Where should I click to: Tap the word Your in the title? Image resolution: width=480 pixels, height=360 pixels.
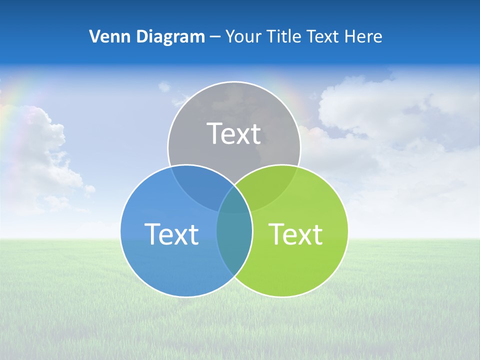[242, 36]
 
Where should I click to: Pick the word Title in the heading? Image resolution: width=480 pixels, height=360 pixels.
[283, 36]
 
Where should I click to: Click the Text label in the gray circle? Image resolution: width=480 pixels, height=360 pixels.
[234, 134]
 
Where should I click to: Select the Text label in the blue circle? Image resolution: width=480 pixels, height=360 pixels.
[171, 234]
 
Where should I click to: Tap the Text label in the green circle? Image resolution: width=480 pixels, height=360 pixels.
[295, 234]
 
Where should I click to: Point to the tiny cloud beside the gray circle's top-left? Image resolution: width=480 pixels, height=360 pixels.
[164, 87]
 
